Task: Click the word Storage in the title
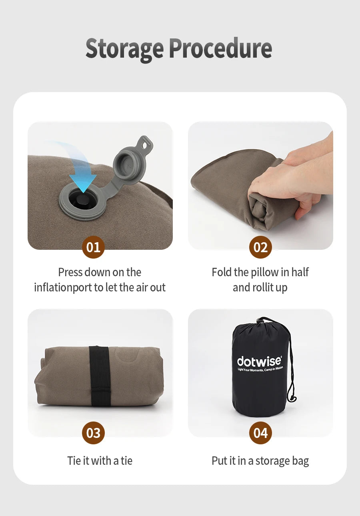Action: [124, 49]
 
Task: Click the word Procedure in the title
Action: [220, 48]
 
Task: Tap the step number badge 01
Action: [93, 247]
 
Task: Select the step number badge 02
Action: [260, 247]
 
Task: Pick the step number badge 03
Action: [93, 433]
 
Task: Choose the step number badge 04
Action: [260, 433]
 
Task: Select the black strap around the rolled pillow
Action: [99, 376]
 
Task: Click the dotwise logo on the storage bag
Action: [259, 361]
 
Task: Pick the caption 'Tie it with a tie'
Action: [100, 461]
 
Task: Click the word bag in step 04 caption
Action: [300, 461]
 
